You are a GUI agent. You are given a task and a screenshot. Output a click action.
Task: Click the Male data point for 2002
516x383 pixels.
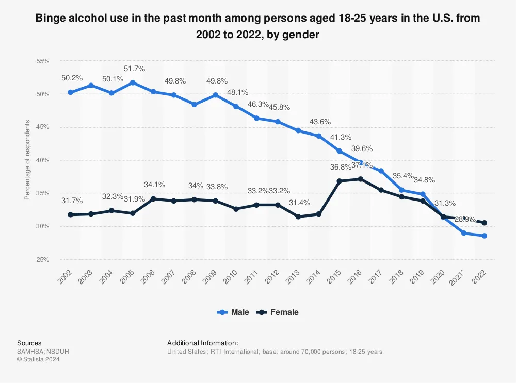click(x=70, y=92)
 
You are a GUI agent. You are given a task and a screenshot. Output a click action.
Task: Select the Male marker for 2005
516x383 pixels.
click(x=133, y=82)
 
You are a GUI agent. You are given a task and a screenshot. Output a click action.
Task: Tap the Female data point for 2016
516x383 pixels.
click(x=360, y=179)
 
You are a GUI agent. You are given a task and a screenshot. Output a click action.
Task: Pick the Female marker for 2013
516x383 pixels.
click(x=298, y=217)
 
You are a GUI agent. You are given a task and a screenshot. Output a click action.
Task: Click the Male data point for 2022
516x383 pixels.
click(x=484, y=236)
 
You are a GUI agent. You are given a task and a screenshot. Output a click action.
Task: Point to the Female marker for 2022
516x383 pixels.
click(x=484, y=223)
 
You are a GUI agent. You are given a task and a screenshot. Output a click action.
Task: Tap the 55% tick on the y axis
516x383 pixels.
click(x=42, y=61)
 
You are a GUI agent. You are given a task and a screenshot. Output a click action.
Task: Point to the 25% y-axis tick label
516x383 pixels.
click(x=42, y=259)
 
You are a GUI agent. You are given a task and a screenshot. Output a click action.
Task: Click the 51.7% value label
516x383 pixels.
click(x=134, y=69)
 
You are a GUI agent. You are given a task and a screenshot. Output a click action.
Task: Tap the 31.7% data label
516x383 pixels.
click(x=71, y=200)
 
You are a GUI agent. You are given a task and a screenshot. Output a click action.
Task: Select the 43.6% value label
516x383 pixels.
click(x=320, y=122)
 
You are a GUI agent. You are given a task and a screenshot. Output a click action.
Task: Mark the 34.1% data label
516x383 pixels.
click(x=154, y=185)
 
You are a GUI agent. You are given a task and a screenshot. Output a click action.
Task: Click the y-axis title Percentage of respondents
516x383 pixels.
click(x=27, y=160)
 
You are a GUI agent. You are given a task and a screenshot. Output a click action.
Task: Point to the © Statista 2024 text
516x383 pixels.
click(x=38, y=359)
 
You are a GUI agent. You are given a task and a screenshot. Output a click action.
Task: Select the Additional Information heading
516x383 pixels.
click(x=202, y=343)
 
